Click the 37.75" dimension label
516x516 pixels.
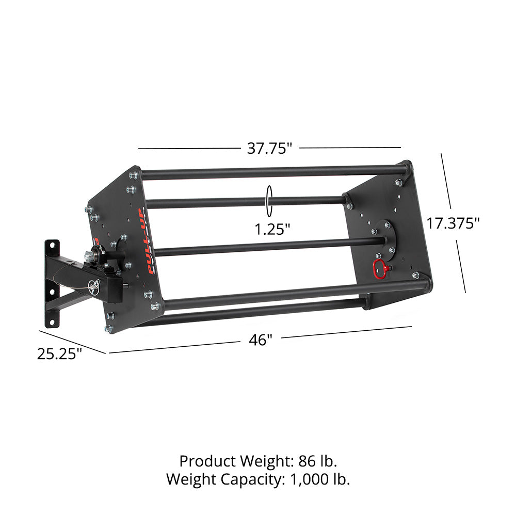point(269,149)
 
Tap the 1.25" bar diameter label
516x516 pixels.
point(272,228)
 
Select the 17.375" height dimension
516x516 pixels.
point(453,223)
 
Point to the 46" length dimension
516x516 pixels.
point(261,341)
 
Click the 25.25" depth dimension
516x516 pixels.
point(59,353)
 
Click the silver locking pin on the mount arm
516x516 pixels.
point(94,285)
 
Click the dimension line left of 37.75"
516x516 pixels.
point(188,149)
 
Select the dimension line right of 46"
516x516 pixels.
point(346,332)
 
